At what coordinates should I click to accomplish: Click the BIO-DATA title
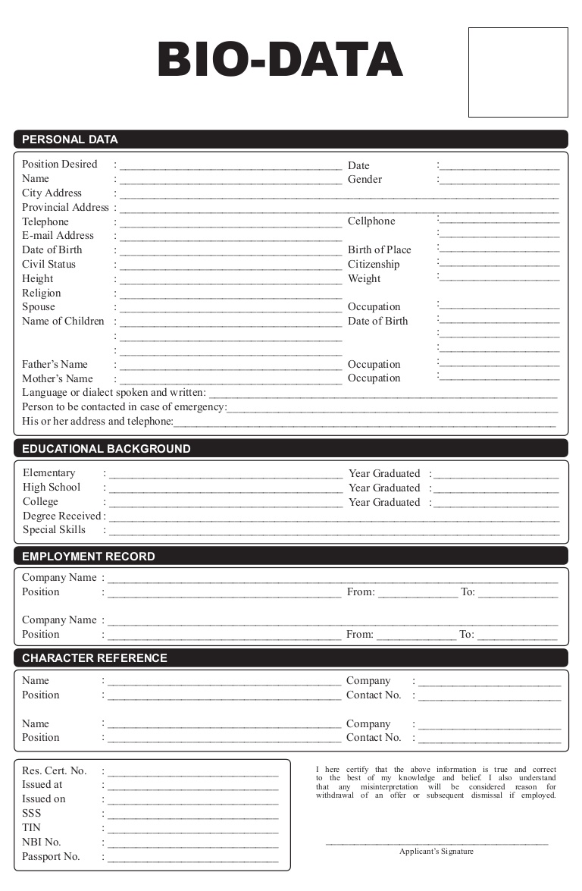[x=280, y=61]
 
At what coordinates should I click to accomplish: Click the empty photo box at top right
[x=518, y=72]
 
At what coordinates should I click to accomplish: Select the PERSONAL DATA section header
[x=70, y=140]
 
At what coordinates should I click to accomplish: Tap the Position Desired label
[x=59, y=165]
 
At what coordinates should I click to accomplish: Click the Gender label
[x=365, y=180]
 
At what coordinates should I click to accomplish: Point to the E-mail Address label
[x=58, y=236]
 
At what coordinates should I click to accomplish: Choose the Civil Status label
[x=48, y=265]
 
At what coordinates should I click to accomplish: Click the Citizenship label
[x=373, y=265]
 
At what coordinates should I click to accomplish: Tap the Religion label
[x=41, y=293]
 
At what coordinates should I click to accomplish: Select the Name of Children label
[x=63, y=322]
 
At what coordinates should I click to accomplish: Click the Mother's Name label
[x=57, y=379]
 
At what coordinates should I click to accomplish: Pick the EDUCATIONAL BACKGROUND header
[x=106, y=449]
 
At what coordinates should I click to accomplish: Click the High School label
[x=51, y=488]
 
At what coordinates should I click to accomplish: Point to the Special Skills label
[x=54, y=530]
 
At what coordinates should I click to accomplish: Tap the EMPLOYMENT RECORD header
[x=88, y=557]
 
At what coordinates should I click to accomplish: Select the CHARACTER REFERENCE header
[x=94, y=658]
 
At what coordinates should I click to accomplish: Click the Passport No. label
[x=51, y=857]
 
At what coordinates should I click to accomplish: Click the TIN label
[x=31, y=828]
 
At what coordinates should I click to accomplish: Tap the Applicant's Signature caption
[x=436, y=852]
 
